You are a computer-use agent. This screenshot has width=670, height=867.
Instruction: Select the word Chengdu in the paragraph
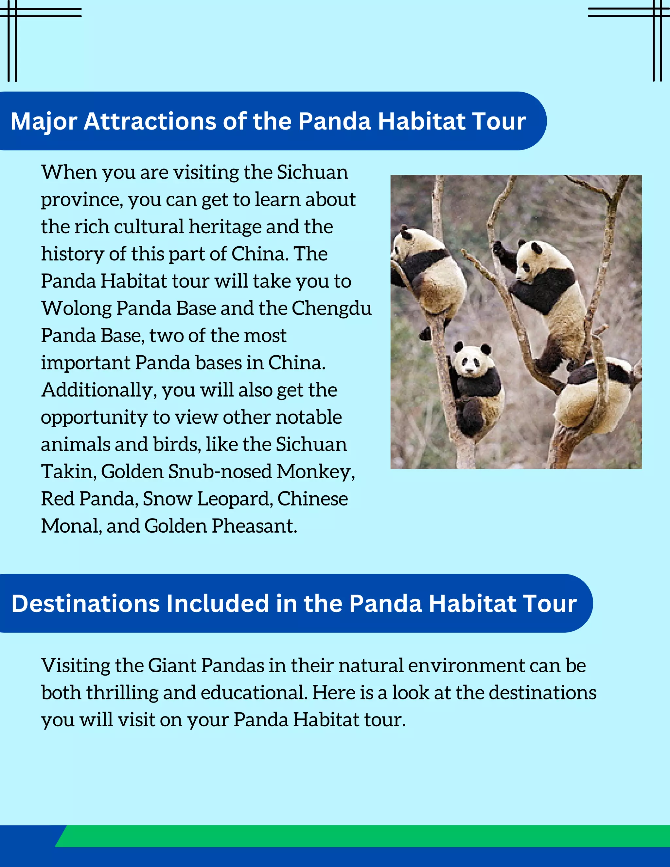pos(331,309)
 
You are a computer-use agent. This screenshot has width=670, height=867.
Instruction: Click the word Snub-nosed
pos(220,471)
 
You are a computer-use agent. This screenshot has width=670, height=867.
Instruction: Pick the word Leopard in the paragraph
pos(235,499)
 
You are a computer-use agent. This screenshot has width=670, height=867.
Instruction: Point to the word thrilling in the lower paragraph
pos(122,693)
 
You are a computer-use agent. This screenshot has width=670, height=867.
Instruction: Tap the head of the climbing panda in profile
pos(530,260)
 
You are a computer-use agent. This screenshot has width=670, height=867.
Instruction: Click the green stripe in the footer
pos(357,836)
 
